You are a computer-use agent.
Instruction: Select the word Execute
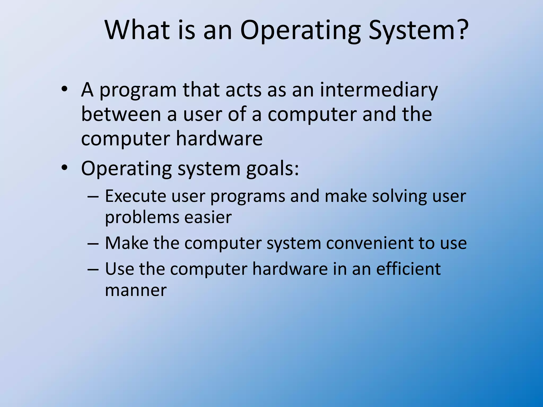point(135,196)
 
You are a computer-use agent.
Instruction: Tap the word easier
point(208,217)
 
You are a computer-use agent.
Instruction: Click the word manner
point(136,290)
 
